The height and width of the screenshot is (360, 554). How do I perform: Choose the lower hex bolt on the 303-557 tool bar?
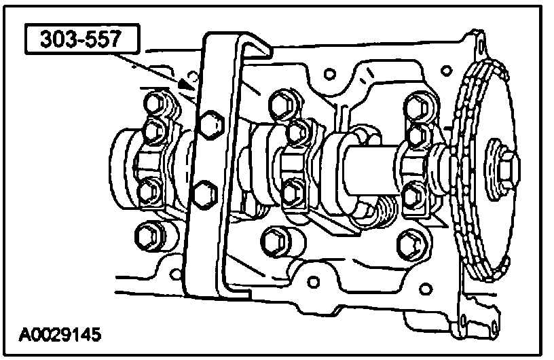202,194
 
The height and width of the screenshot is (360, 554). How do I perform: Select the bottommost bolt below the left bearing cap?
147,236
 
